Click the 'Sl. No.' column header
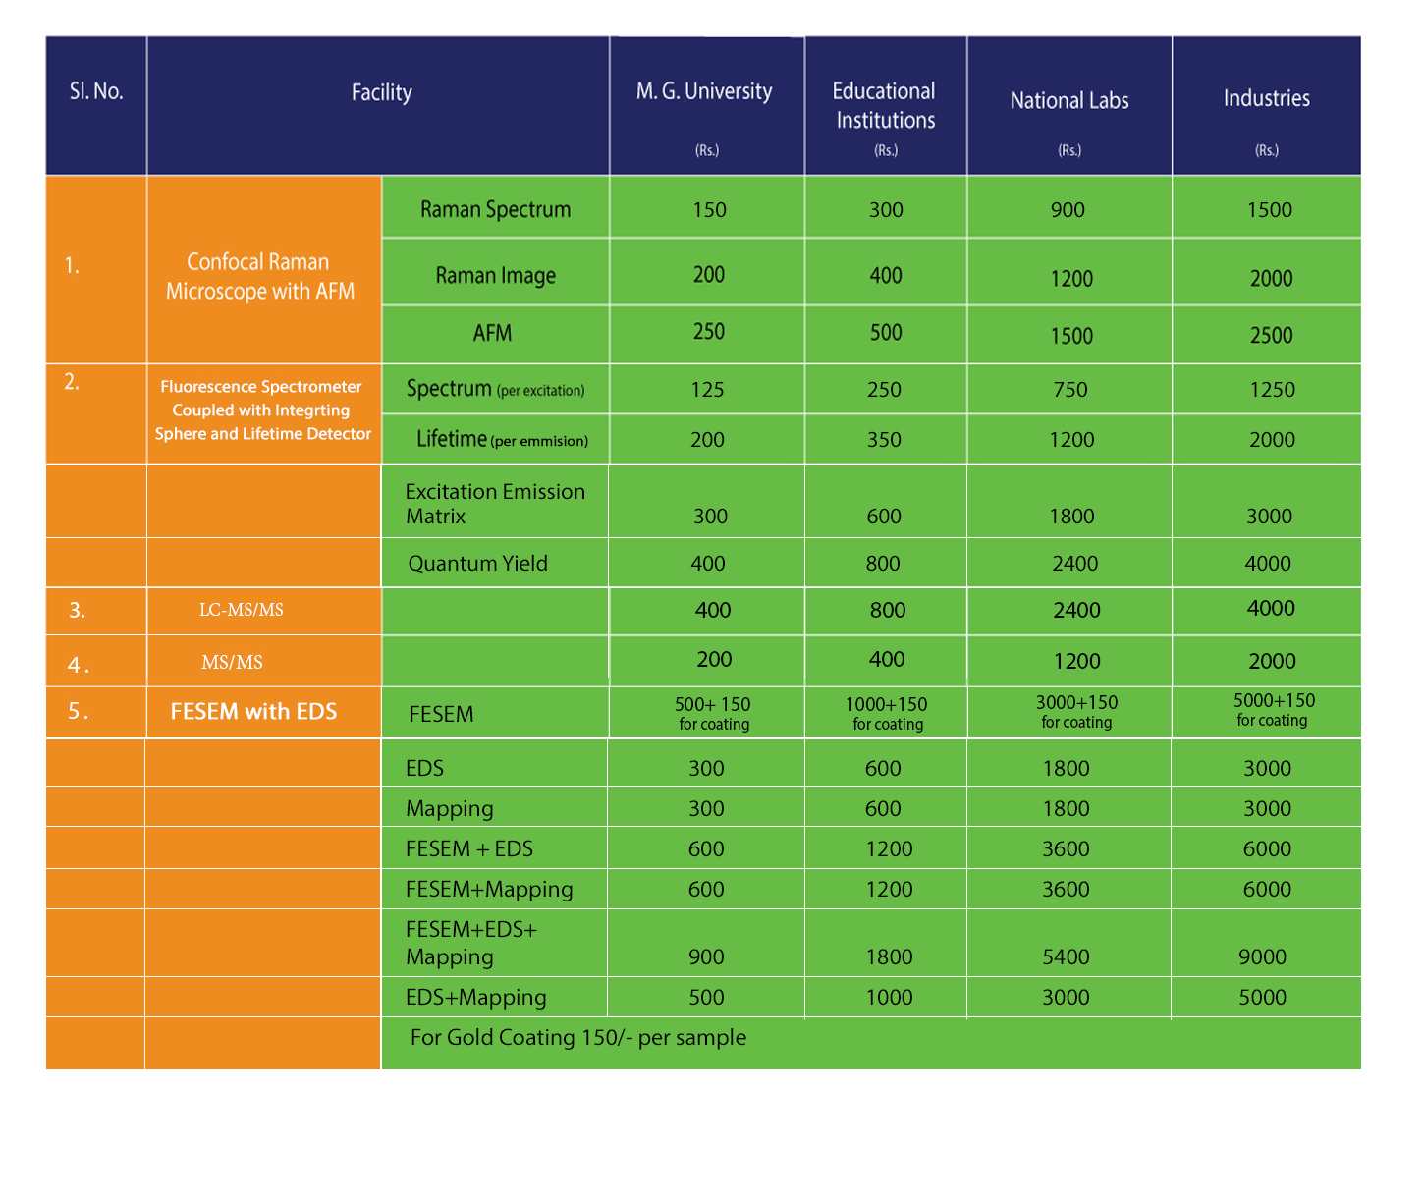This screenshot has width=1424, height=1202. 96,91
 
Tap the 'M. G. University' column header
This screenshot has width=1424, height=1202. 704,91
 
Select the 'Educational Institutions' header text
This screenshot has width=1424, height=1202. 885,106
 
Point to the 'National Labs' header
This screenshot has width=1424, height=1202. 1068,101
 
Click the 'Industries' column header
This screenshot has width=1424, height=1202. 1266,98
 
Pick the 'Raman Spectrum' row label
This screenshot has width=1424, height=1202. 495,209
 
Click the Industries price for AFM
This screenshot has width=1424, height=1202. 1271,335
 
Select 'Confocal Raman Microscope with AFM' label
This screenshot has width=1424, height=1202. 259,276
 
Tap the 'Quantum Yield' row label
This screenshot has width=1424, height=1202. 477,563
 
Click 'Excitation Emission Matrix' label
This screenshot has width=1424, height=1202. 495,504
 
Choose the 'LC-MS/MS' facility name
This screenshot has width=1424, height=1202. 241,609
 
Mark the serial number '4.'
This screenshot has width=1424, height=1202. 78,665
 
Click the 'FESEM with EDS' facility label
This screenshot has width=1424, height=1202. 253,711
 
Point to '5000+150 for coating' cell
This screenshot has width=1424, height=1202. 1273,709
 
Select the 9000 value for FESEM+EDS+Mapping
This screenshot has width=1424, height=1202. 1262,956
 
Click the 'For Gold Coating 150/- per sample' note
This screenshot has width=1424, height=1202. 577,1037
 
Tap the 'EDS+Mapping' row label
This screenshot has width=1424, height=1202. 475,997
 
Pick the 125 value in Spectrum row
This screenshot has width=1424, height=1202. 707,390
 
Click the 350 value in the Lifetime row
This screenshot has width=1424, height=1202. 884,439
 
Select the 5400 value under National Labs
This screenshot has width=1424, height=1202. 1066,956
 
